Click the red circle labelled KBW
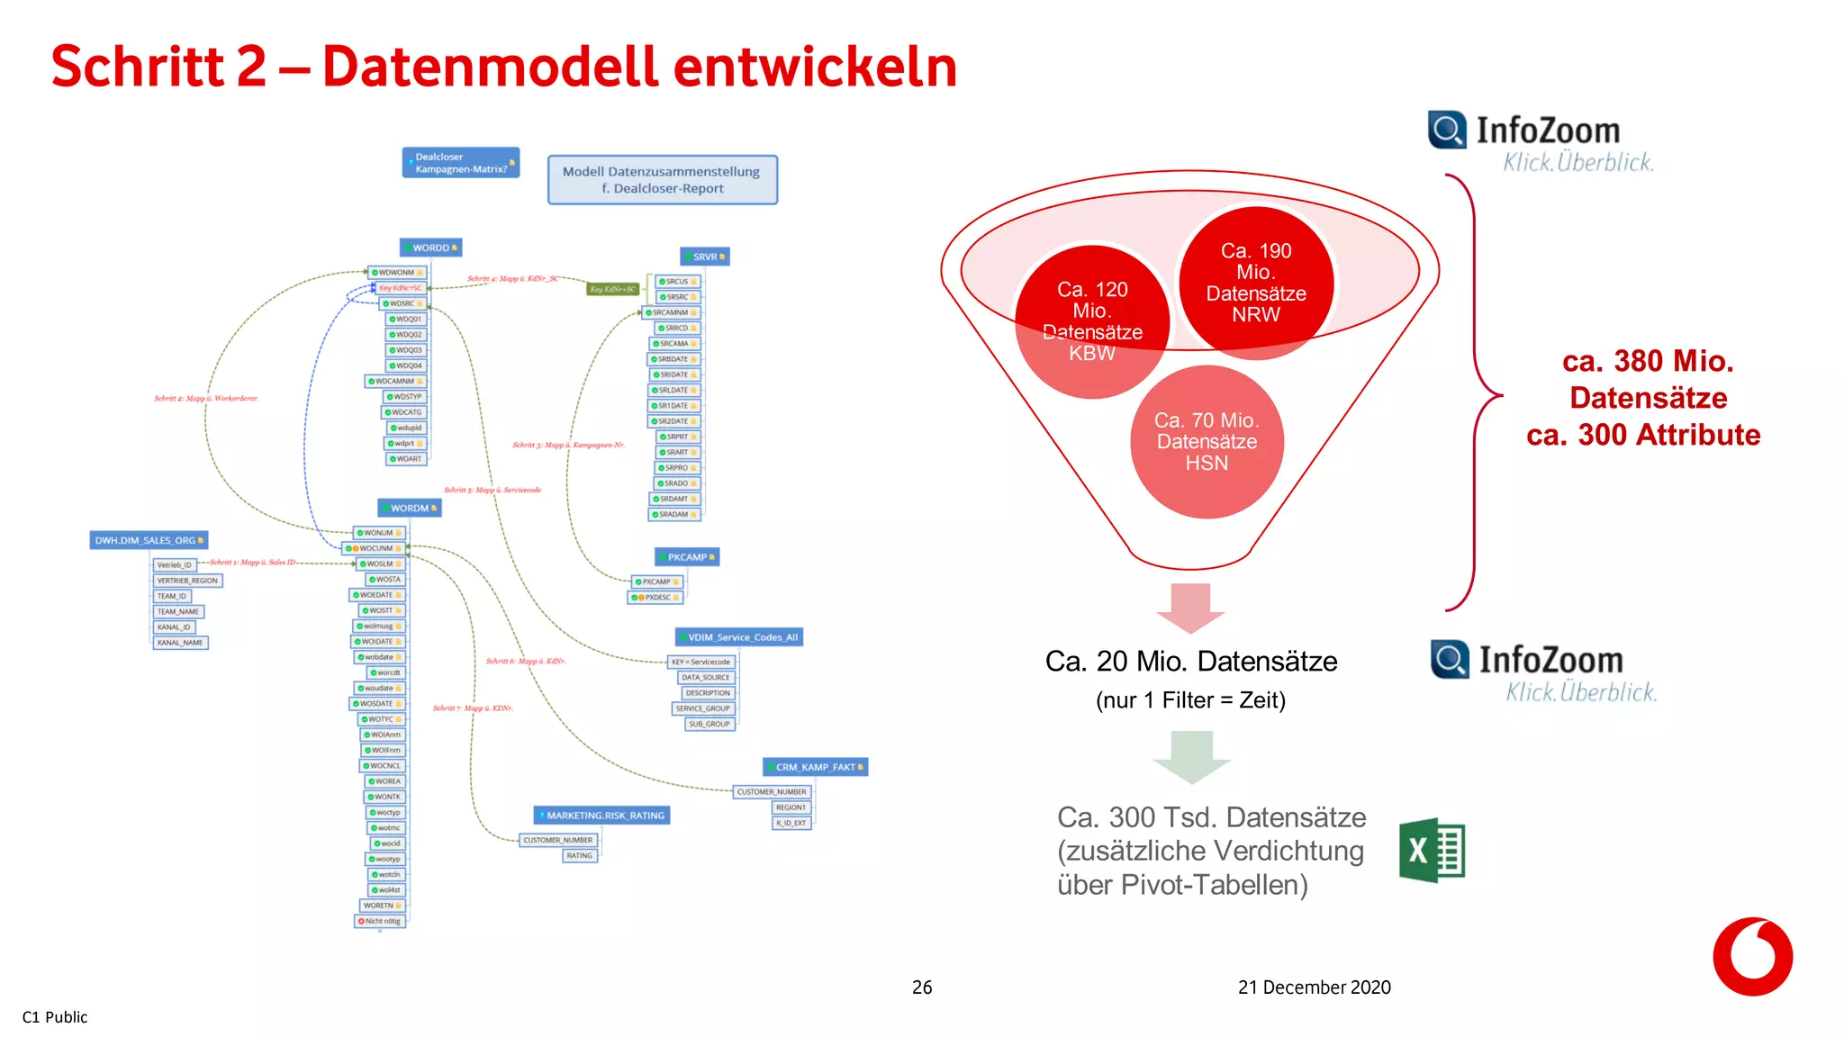tap(1091, 321)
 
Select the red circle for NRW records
tap(1255, 283)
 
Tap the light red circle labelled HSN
tap(1207, 442)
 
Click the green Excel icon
tap(1432, 850)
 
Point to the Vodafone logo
tap(1752, 956)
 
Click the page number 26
tap(922, 987)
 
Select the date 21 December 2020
tap(1314, 987)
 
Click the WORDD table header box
tap(431, 248)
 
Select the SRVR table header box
tap(705, 257)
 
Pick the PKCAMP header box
tap(687, 557)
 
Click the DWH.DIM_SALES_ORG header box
tap(149, 540)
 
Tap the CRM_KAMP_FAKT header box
tap(816, 767)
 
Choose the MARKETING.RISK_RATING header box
tap(602, 816)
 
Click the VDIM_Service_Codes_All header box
tap(739, 637)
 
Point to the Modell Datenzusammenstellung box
tap(662, 180)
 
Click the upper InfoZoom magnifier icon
tap(1447, 131)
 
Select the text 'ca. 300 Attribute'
tap(1643, 435)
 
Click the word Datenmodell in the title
tap(491, 67)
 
